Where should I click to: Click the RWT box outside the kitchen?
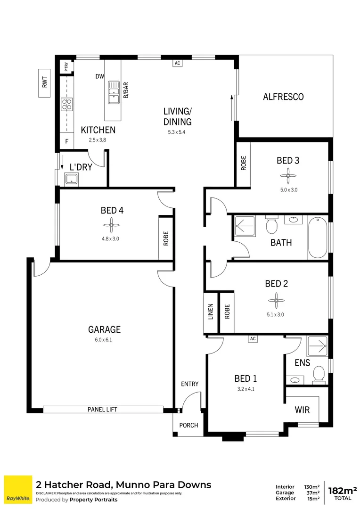pos(45,83)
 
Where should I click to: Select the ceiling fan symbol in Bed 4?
pos(112,225)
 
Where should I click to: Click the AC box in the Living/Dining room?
pos(177,63)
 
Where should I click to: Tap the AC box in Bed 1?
pos(253,338)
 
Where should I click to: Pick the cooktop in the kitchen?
pos(66,104)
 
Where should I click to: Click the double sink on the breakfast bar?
pos(114,92)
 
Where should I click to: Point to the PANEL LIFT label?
pos(102,410)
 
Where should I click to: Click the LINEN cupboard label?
pos(211,312)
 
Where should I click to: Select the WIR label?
pos(302,410)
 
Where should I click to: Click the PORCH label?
pos(188,425)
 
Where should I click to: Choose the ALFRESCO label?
pos(283,97)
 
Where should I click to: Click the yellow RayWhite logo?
pos(18,490)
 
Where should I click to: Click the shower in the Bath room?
pos(245,226)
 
